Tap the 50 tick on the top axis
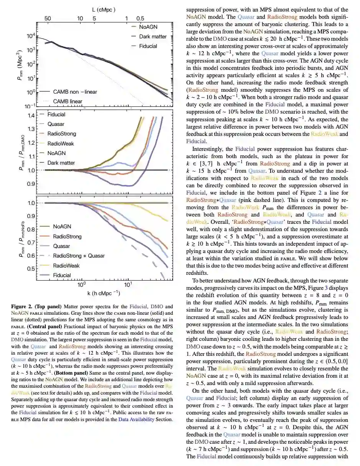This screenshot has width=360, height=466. click(x=48, y=18)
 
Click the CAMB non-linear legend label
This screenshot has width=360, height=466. click(x=75, y=92)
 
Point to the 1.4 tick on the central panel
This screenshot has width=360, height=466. click(x=31, y=115)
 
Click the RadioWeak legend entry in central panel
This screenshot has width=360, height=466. click(x=61, y=144)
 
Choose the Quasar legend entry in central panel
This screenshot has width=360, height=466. click(x=56, y=124)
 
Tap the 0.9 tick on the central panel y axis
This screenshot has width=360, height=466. click(x=31, y=184)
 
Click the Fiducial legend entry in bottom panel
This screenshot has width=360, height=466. click(x=62, y=275)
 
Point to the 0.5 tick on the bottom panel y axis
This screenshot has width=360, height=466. click(x=31, y=268)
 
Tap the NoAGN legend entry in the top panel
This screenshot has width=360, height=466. click(x=148, y=27)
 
